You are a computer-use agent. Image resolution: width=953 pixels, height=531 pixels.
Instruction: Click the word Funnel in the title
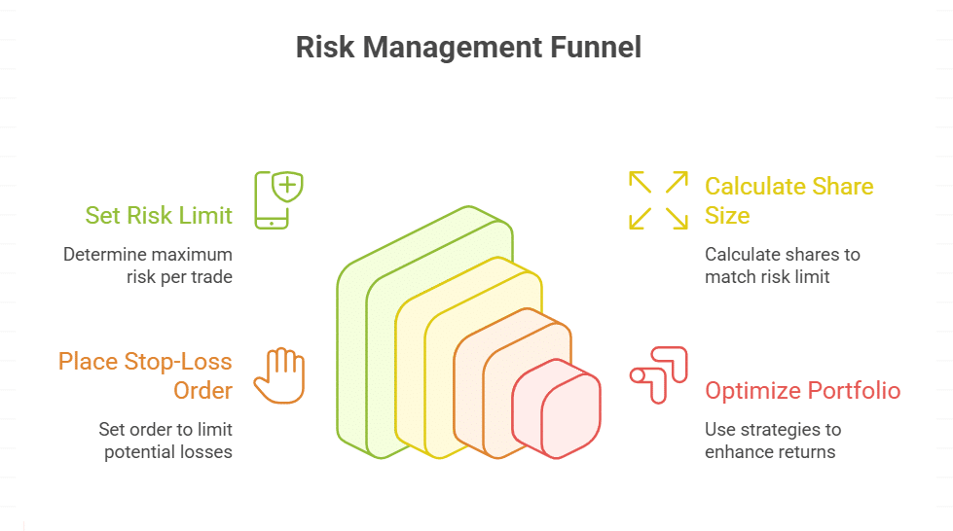coord(596,48)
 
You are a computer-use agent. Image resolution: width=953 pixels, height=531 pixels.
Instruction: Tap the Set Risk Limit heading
coord(159,215)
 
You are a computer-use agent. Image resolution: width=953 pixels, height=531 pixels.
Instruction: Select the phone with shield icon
coord(278,200)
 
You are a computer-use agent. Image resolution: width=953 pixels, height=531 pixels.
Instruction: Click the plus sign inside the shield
coord(287,184)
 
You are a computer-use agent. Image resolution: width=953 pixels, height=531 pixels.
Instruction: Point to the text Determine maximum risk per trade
coord(148,265)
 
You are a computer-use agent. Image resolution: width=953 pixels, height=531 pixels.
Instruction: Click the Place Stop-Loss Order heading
coord(145,375)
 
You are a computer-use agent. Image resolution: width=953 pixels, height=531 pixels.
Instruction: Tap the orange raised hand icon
coord(279,375)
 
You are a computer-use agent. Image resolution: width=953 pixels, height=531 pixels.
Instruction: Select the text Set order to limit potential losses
coord(165,441)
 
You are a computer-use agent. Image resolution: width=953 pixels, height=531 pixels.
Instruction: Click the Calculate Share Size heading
coord(788,200)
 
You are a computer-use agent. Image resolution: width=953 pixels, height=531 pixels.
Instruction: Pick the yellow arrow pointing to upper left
coord(640,182)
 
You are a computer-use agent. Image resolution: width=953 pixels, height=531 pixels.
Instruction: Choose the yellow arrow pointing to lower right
coord(677,218)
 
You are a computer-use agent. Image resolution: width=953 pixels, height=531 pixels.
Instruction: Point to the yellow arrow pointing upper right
coord(677,182)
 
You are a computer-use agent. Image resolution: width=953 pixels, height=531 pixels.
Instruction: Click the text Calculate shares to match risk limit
coord(783,265)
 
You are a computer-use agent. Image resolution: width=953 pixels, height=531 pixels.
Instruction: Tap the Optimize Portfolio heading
coord(802,391)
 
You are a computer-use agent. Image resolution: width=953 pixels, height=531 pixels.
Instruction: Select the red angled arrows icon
coord(659,374)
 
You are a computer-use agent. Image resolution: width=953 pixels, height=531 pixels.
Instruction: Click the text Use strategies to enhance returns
coord(773,441)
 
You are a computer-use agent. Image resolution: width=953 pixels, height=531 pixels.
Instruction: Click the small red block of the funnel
coord(557,408)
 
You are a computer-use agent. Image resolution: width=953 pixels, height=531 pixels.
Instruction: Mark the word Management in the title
coord(453,48)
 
